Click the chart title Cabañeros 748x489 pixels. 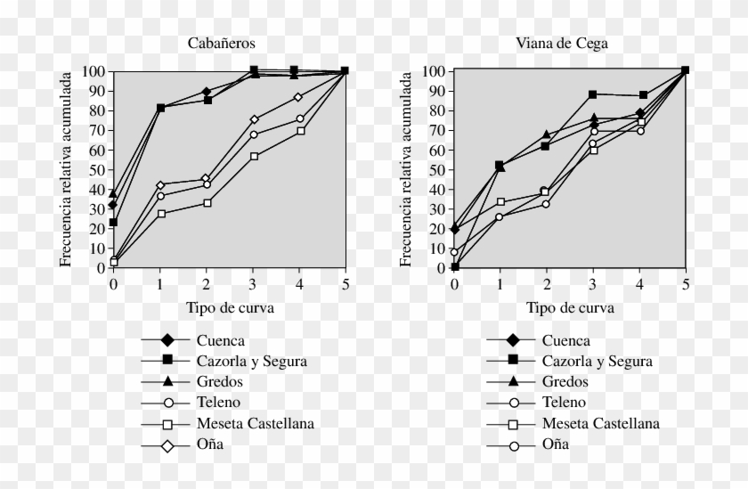click(x=221, y=43)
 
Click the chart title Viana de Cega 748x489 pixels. click(x=562, y=43)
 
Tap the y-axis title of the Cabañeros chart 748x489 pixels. click(x=66, y=169)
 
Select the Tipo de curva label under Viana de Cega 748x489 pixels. click(x=570, y=307)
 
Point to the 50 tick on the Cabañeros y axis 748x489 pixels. click(x=96, y=169)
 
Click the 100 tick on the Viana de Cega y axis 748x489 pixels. click(x=434, y=71)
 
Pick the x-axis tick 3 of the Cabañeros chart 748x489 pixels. click(x=253, y=283)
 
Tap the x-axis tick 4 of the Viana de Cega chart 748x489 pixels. click(x=639, y=283)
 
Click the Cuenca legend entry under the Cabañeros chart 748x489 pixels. click(x=220, y=340)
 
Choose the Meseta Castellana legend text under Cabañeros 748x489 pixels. click(x=255, y=423)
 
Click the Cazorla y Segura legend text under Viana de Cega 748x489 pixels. click(x=598, y=361)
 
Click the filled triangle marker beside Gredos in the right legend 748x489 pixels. click(x=513, y=381)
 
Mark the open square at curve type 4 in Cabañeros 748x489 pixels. click(x=301, y=130)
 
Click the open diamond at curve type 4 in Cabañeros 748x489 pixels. click(x=298, y=97)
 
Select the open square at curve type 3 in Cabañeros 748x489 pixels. click(x=254, y=156)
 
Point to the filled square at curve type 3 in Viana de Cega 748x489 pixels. click(x=593, y=94)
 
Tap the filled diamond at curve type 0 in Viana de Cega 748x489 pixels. click(x=455, y=229)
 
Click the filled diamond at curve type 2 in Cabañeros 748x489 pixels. click(x=207, y=92)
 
